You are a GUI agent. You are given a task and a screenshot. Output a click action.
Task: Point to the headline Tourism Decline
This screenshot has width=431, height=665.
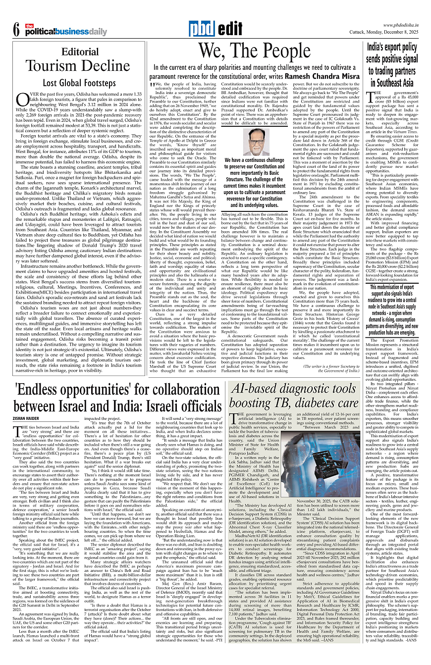79,66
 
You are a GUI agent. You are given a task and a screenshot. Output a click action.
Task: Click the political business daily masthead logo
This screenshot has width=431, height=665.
64,32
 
